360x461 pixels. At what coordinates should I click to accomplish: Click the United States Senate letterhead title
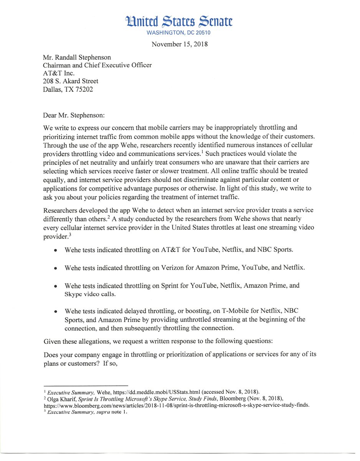(x=179, y=21)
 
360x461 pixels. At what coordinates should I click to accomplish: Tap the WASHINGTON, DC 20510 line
(x=179, y=33)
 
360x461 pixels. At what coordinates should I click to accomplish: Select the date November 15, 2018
(x=180, y=44)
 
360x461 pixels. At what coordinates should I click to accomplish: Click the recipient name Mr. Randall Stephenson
(x=77, y=58)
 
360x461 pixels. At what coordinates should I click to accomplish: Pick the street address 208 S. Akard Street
(x=71, y=81)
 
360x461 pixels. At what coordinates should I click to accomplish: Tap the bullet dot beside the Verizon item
(x=56, y=268)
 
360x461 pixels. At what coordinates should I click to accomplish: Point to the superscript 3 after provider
(x=70, y=235)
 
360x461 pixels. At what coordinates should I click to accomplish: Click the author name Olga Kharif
(x=60, y=399)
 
